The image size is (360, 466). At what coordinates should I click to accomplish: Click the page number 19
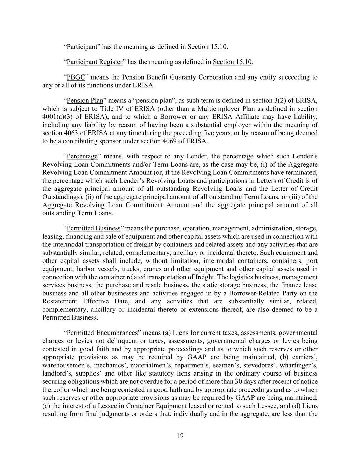coord(180,436)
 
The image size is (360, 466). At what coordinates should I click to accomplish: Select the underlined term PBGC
coord(75,77)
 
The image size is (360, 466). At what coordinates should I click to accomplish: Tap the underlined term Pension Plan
coord(85,100)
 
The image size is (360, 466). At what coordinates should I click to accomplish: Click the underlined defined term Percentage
coord(82,156)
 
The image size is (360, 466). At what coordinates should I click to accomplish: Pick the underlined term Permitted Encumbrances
coord(102,333)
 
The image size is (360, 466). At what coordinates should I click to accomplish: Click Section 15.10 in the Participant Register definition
coord(232,62)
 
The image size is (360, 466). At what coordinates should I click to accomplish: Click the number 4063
coord(71,133)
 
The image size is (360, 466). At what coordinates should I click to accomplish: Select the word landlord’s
coord(56,365)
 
